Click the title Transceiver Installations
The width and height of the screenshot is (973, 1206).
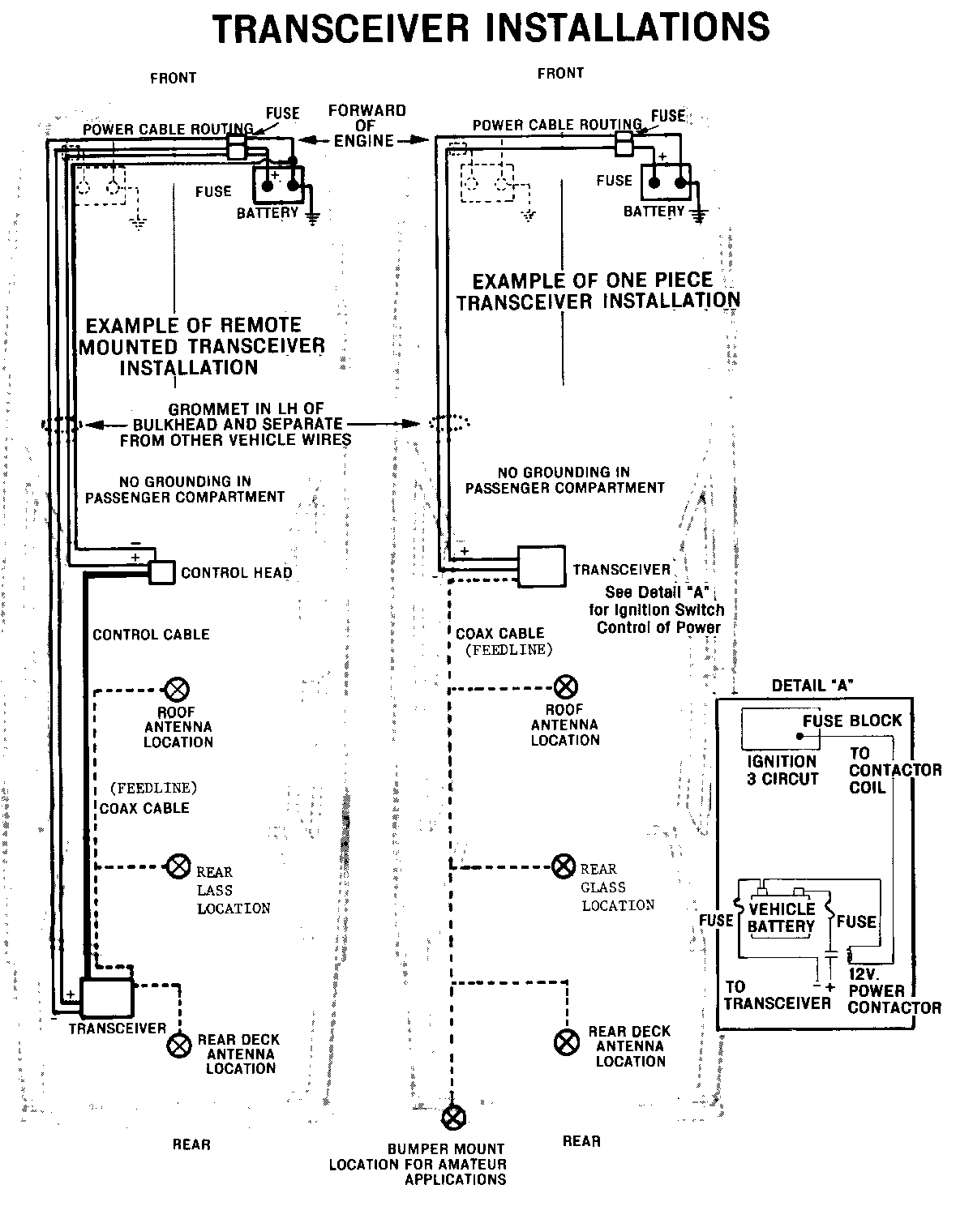pos(491,28)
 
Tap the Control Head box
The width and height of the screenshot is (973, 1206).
pos(162,572)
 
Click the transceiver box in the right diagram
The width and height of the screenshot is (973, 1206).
pos(541,567)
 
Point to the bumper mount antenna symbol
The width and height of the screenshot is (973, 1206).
pos(453,1118)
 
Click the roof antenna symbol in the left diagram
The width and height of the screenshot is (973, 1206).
pos(177,691)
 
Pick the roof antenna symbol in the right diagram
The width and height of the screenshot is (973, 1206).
pos(565,688)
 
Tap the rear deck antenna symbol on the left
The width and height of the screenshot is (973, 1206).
pos(178,1046)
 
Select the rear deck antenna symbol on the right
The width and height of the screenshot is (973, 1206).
pos(566,1041)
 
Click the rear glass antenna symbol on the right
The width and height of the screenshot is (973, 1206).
pos(564,866)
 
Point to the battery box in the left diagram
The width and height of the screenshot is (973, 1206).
pos(280,184)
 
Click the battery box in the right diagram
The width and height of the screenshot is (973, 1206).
pos(667,182)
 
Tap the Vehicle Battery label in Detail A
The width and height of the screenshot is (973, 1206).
pos(781,917)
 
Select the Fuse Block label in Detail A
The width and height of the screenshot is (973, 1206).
pos(852,721)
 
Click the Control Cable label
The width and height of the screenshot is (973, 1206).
pos(151,635)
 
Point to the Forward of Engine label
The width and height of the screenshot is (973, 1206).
pos(366,126)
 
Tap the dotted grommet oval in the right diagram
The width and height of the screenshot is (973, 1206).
pos(448,423)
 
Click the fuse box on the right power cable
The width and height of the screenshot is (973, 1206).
pos(625,144)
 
